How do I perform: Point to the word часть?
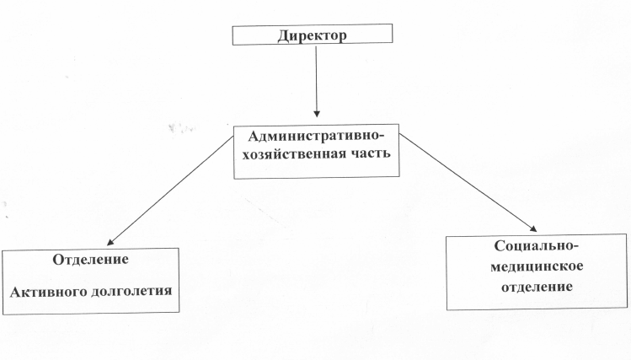[367, 157]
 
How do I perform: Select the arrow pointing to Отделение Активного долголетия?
[168, 192]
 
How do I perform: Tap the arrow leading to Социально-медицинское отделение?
[468, 182]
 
